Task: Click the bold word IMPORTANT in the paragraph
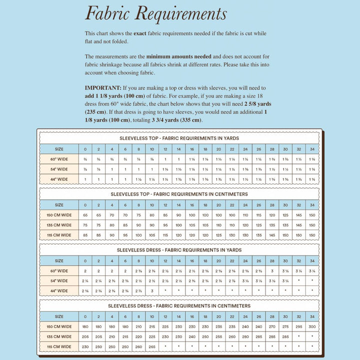pyautogui.click(x=103, y=87)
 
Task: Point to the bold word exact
pyautogui.click(x=140, y=33)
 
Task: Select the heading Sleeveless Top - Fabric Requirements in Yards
pyautogui.click(x=179, y=138)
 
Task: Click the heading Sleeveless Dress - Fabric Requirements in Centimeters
pyautogui.click(x=179, y=305)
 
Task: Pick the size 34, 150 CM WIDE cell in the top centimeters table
pyautogui.click(x=312, y=215)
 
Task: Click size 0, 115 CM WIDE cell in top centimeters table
pyautogui.click(x=85, y=235)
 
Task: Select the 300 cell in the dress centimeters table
pyautogui.click(x=312, y=326)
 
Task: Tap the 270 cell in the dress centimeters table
pyautogui.click(x=272, y=326)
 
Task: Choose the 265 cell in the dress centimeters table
pyautogui.click(x=152, y=346)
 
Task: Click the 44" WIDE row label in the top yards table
pyautogui.click(x=59, y=179)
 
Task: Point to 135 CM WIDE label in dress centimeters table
pyautogui.click(x=59, y=336)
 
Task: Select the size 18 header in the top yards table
pyautogui.click(x=205, y=149)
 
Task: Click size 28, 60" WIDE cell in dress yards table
pyautogui.click(x=272, y=271)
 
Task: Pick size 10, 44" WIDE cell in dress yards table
pyautogui.click(x=152, y=291)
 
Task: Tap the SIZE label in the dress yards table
pyautogui.click(x=59, y=260)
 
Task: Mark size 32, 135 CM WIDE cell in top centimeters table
pyautogui.click(x=298, y=225)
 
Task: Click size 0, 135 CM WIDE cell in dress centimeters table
pyautogui.click(x=85, y=336)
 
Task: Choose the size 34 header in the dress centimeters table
pyautogui.click(x=312, y=316)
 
